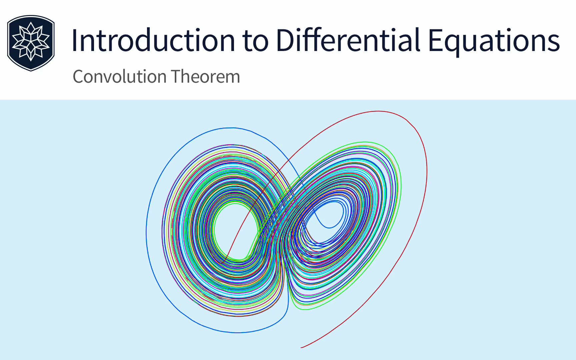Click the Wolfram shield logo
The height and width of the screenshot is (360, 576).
tap(31, 43)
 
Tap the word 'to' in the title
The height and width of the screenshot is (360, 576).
tap(255, 41)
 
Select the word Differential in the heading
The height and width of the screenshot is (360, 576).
tap(348, 41)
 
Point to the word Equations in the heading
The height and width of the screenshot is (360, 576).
tap(494, 41)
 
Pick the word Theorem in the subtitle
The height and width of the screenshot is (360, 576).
tap(206, 77)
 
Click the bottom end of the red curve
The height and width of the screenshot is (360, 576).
tap(302, 347)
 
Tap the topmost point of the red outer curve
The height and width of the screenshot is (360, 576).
tap(378, 111)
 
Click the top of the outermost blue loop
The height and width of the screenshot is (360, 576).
tap(232, 128)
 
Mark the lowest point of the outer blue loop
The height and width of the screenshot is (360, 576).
tap(237, 332)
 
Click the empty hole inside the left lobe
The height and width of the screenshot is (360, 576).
tap(235, 230)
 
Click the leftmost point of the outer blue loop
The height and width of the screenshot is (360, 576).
tap(146, 232)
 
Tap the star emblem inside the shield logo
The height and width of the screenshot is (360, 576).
tap(31, 42)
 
